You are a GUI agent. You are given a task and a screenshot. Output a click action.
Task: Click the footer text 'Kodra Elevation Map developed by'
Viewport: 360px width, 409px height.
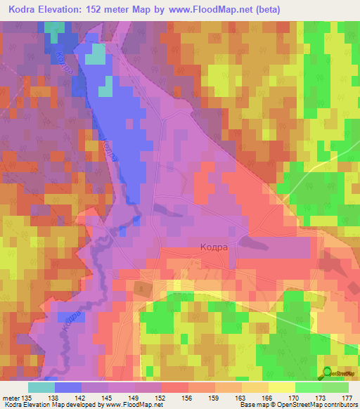53,405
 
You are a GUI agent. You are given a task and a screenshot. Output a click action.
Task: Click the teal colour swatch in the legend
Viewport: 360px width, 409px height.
41,387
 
